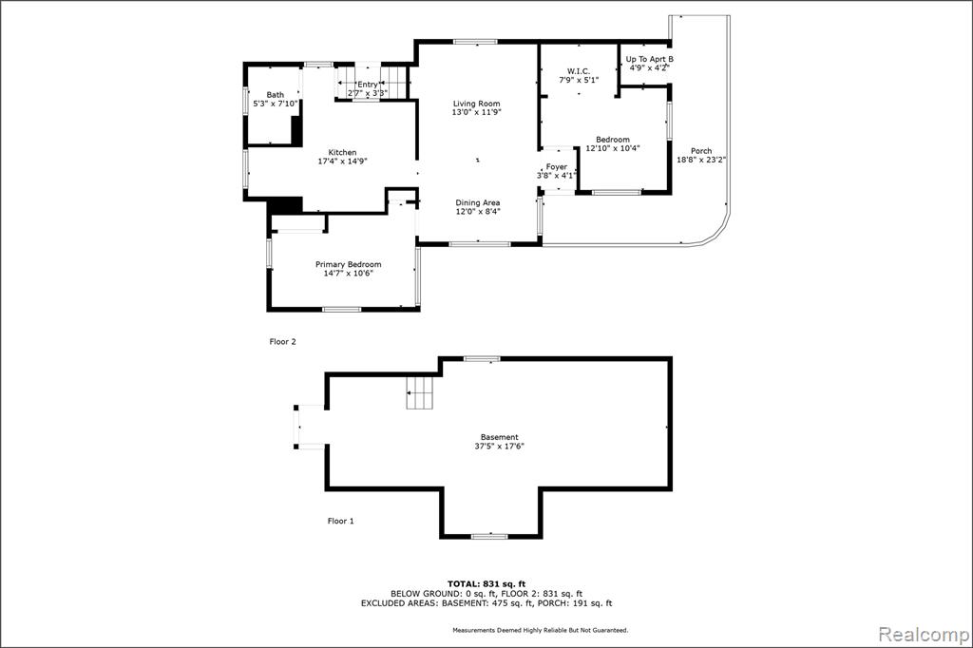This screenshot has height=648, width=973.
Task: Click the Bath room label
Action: (275, 95)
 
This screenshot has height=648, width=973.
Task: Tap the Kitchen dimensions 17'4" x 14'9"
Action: (342, 162)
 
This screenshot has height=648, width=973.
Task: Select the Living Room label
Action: (477, 104)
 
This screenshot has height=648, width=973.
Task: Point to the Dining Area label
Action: (478, 203)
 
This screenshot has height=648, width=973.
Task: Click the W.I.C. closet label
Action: (579, 71)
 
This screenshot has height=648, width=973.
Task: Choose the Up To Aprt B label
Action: (650, 60)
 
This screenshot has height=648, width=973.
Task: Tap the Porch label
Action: (701, 151)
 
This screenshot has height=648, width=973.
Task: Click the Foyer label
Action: (557, 167)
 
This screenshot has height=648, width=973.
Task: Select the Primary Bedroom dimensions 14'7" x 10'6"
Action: (348, 273)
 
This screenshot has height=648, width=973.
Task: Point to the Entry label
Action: (368, 85)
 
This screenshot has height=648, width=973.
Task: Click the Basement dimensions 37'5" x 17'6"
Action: (500, 446)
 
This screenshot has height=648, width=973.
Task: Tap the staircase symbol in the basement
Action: (419, 393)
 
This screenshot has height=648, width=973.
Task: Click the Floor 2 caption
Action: (283, 341)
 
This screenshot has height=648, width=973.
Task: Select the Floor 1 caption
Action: (341, 521)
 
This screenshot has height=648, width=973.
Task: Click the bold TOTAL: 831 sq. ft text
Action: (486, 583)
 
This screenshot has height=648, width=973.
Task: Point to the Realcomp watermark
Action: (924, 635)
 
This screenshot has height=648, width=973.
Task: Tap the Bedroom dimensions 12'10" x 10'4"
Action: (613, 148)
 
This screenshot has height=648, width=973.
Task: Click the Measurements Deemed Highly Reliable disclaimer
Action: (540, 630)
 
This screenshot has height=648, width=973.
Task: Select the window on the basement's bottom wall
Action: (489, 536)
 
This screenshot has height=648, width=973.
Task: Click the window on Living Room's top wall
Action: (475, 42)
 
